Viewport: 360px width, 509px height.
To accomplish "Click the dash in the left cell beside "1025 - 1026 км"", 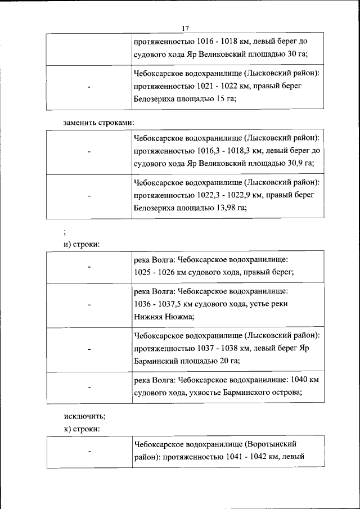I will (x=89, y=267).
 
